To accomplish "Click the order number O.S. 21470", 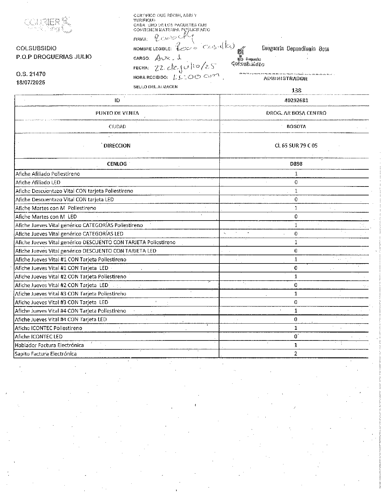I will [31, 74].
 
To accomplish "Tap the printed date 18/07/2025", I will [31, 82].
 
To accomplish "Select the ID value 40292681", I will [296, 100].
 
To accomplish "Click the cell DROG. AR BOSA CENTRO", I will [296, 113].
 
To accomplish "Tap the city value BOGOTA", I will [296, 126].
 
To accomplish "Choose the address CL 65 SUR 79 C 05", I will [296, 146].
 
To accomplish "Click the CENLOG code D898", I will [296, 164].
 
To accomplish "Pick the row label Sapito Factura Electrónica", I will [46, 354].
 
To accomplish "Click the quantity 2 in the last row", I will [296, 354].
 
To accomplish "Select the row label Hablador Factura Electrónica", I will [49, 345].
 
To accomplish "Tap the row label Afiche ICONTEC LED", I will [39, 336].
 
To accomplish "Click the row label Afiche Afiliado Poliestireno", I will [48, 174].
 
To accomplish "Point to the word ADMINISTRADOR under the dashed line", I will [285, 79].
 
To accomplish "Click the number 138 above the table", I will [297, 90].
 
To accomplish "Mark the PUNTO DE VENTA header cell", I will [117, 113].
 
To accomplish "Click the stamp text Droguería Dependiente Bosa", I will [295, 48].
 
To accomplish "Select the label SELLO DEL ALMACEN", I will [155, 87].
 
